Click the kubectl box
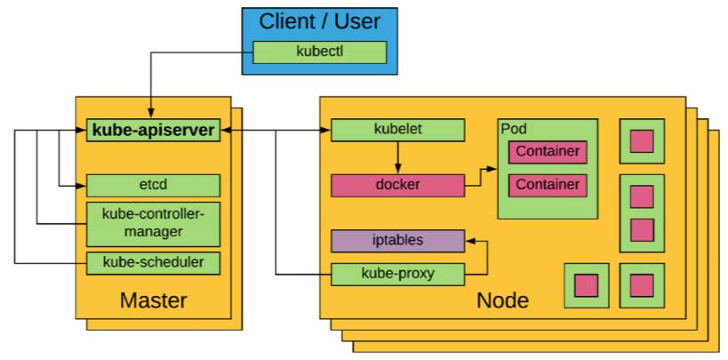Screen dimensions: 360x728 coord(320,52)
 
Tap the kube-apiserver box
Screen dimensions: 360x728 coord(153,131)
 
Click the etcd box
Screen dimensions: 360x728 coord(153,185)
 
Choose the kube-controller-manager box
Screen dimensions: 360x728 coord(153,223)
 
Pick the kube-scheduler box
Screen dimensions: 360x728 coord(153,262)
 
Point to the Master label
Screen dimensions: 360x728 coord(153,300)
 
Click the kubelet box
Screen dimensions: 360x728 coord(397,130)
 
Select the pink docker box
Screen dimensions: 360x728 coord(397,185)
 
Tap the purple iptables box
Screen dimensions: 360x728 coord(397,240)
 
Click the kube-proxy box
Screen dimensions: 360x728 coord(397,273)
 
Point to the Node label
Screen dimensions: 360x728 coord(502,300)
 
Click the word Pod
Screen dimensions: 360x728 coord(514,129)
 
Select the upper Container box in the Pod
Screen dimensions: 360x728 coord(548,151)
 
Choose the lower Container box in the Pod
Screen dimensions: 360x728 coord(548,185)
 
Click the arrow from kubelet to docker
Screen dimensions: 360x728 coord(397,157)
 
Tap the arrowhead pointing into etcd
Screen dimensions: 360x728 coord(81,185)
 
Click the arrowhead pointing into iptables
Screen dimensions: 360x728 coord(471,240)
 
